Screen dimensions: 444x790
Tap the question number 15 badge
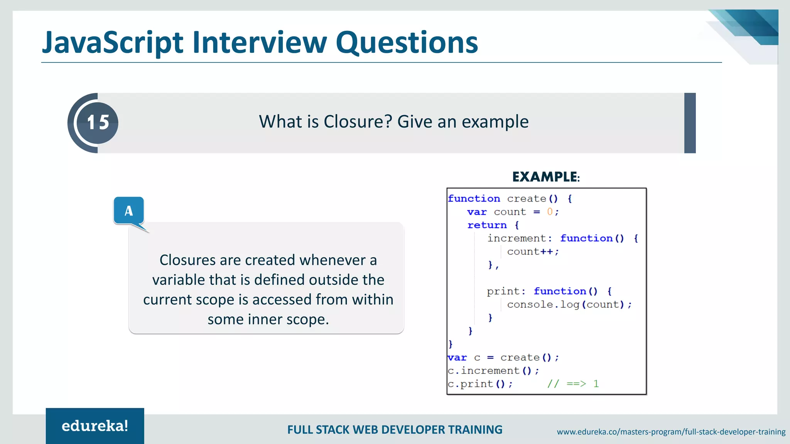pyautogui.click(x=98, y=123)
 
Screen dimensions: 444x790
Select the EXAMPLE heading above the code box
pyautogui.click(x=545, y=177)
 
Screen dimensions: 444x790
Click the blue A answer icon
pyautogui.click(x=129, y=210)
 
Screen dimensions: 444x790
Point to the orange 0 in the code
pyautogui.click(x=550, y=212)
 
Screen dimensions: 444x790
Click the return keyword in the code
pyautogui.click(x=487, y=225)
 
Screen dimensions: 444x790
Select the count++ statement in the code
pyautogui.click(x=532, y=252)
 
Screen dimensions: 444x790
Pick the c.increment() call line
pyautogui.click(x=493, y=371)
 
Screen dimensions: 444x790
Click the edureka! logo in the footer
pyautogui.click(x=95, y=426)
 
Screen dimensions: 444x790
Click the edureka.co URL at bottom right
pyautogui.click(x=671, y=432)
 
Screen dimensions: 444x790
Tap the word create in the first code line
pyautogui.click(x=526, y=199)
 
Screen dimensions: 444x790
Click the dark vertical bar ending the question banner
pyautogui.click(x=690, y=123)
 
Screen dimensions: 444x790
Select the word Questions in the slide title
pyautogui.click(x=407, y=42)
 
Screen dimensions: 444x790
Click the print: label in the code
pyautogui.click(x=506, y=291)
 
